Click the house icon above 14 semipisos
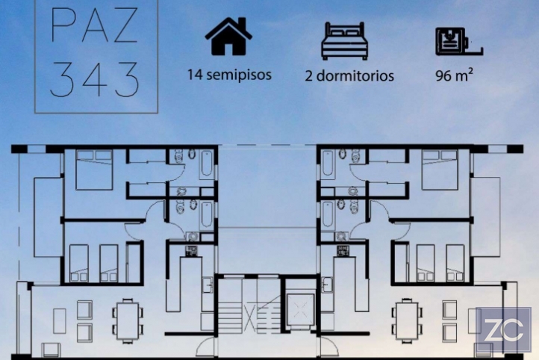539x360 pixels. [228, 37]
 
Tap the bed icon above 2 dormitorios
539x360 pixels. [345, 40]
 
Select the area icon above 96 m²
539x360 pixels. [459, 42]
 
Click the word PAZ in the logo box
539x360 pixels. [95, 25]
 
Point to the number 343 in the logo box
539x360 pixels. [95, 79]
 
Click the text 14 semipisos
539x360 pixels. [229, 75]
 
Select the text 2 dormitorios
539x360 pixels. [349, 76]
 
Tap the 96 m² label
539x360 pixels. [454, 75]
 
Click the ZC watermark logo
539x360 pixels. [504, 329]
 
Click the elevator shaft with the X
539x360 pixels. [300, 309]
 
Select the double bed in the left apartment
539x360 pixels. [94, 170]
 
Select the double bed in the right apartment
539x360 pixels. [440, 170]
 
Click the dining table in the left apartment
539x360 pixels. [128, 321]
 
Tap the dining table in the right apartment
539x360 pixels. [407, 321]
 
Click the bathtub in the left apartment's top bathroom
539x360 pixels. [207, 164]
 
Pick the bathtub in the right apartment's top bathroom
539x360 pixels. [328, 164]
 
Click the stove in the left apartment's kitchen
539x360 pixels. [191, 251]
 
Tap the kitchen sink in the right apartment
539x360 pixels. [327, 285]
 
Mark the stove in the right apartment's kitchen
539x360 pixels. [343, 251]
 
